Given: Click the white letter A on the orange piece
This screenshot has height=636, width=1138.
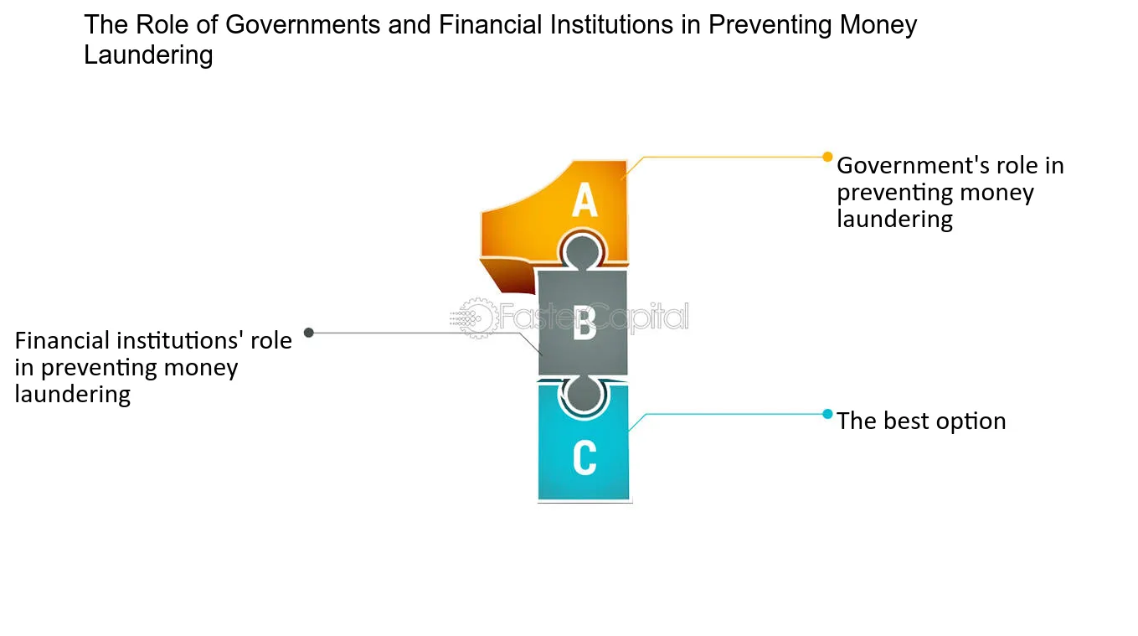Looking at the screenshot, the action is pyautogui.click(x=584, y=199).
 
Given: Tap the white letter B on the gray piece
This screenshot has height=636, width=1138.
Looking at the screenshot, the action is pyautogui.click(x=584, y=323).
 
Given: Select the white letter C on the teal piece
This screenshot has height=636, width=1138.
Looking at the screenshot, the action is pyautogui.click(x=584, y=458).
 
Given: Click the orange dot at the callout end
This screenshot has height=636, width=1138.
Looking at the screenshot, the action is pyautogui.click(x=827, y=157).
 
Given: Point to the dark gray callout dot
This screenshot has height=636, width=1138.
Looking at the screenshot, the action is pyautogui.click(x=309, y=333).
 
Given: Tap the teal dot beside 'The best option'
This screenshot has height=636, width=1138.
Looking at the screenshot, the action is pyautogui.click(x=827, y=414).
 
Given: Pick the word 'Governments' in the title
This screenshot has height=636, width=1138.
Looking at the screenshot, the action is pyautogui.click(x=303, y=25).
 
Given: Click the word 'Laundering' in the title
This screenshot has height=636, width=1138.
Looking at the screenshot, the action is pyautogui.click(x=148, y=55).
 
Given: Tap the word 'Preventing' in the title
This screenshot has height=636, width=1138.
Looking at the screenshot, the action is pyautogui.click(x=770, y=25).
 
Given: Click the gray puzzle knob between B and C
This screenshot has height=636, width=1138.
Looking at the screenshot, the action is pyautogui.click(x=583, y=394).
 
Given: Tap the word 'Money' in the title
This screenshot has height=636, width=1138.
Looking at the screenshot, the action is pyautogui.click(x=878, y=25).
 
